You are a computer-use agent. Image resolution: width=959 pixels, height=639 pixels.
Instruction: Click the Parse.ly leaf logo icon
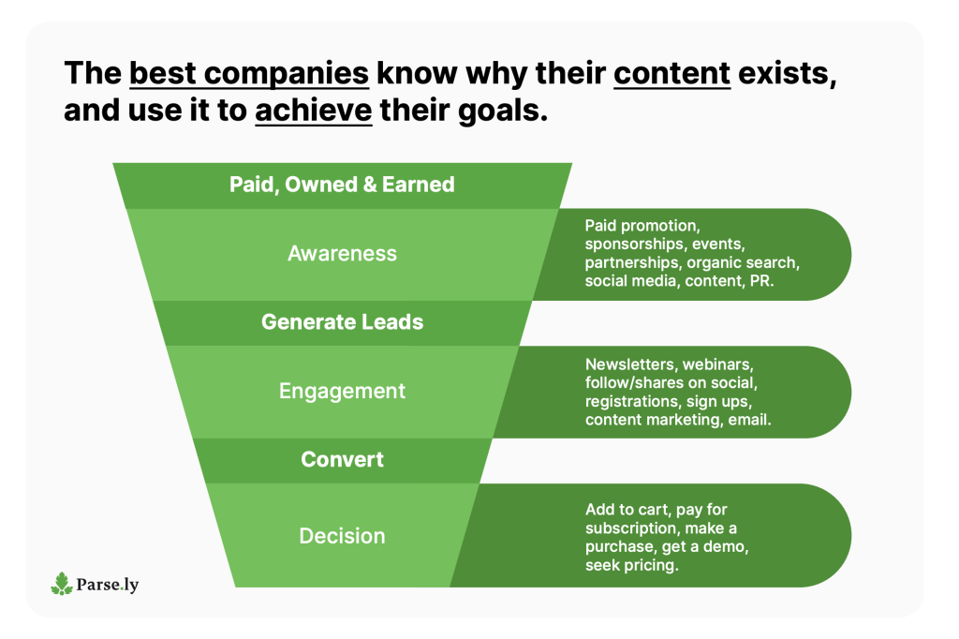(62, 584)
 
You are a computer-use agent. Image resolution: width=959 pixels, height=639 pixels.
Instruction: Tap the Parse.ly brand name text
(108, 585)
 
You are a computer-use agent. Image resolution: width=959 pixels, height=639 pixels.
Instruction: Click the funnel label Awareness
(343, 253)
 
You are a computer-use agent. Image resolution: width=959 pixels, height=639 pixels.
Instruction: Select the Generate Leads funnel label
(343, 322)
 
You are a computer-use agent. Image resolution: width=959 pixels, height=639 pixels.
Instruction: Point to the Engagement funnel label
(343, 391)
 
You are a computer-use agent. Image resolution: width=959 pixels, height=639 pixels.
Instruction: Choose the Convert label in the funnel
(343, 460)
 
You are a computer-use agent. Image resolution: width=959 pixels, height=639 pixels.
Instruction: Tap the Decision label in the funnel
(343, 536)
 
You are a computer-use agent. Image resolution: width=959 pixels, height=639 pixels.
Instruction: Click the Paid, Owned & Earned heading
(343, 185)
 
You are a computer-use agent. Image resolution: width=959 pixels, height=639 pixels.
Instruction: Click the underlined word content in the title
(672, 73)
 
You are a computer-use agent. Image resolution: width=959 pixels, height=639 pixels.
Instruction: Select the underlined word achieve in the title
(314, 111)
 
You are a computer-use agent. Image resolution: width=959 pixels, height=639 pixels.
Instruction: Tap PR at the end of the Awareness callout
(760, 281)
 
